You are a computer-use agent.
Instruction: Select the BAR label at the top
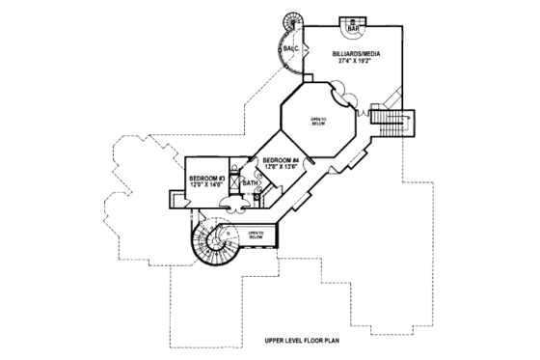pyautogui.click(x=353, y=27)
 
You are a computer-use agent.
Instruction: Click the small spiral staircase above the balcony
pyautogui.click(x=291, y=21)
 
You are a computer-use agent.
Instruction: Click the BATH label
pyautogui.click(x=250, y=182)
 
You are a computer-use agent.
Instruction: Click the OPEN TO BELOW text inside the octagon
pyautogui.click(x=317, y=122)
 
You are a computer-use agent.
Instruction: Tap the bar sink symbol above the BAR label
pyautogui.click(x=353, y=19)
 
